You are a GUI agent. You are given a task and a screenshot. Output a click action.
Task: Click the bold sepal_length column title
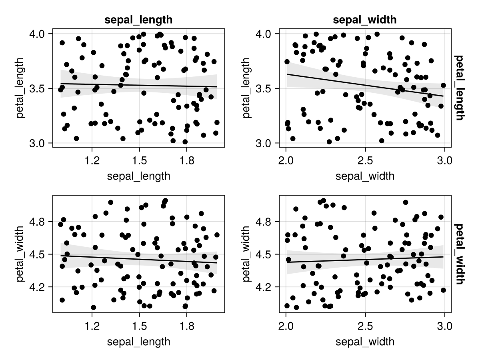click(x=138, y=20)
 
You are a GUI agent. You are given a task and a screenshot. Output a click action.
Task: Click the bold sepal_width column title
click(x=364, y=20)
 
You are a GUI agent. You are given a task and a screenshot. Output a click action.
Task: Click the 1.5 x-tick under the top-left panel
click(x=139, y=161)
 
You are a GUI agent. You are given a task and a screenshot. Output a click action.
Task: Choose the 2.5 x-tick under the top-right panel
click(x=365, y=161)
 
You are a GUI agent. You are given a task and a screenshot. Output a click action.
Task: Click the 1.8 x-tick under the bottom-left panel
click(x=186, y=326)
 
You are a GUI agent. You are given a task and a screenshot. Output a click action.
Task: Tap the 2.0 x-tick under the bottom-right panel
click(x=286, y=326)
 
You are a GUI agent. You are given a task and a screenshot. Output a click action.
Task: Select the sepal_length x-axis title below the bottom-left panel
click(x=138, y=342)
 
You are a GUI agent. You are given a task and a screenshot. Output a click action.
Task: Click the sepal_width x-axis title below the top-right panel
click(x=365, y=176)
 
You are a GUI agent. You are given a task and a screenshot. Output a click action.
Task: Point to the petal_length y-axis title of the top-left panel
click(x=20, y=88)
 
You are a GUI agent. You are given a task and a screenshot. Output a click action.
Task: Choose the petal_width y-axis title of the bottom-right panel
click(x=246, y=254)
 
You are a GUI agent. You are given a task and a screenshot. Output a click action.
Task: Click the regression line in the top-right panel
click(x=365, y=85)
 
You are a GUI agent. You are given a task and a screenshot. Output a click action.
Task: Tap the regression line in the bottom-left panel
click(x=139, y=259)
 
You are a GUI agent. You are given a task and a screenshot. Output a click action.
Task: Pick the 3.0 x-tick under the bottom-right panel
click(x=444, y=326)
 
